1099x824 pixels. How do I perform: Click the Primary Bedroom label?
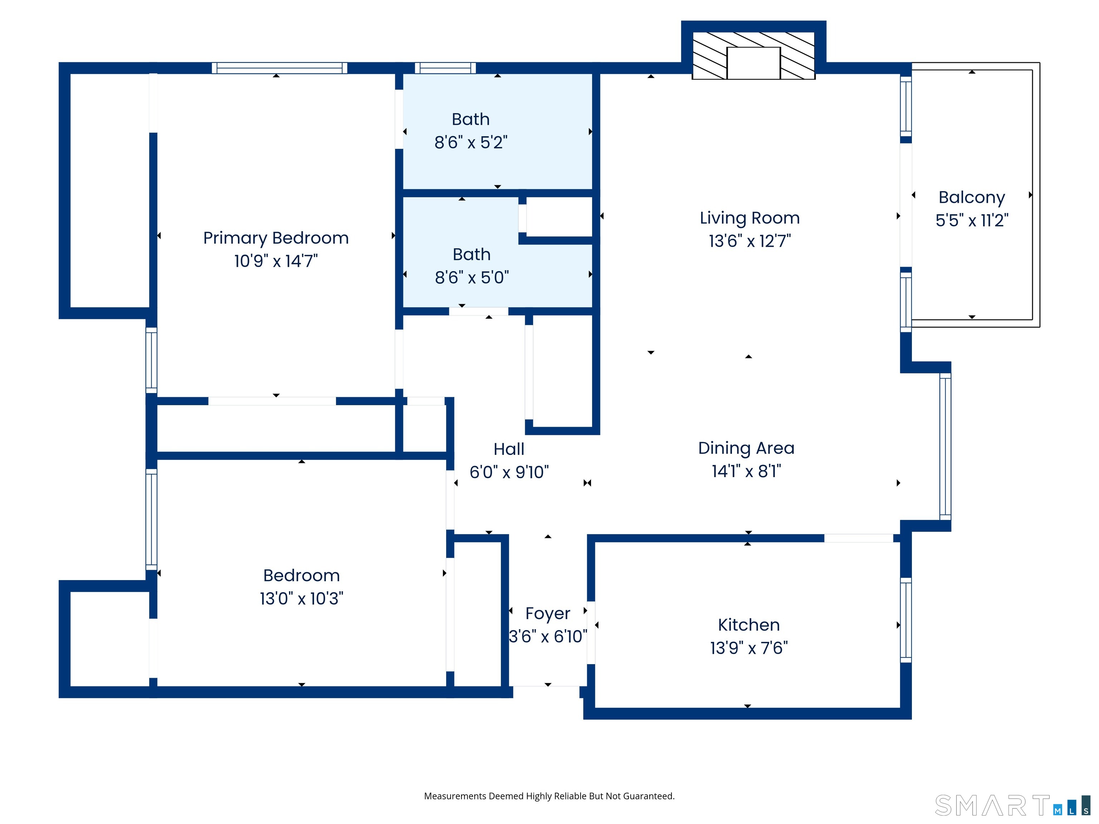pyautogui.click(x=276, y=238)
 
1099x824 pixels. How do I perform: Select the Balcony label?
pyautogui.click(x=971, y=197)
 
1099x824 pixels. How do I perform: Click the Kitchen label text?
pyautogui.click(x=748, y=625)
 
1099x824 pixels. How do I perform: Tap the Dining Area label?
pyautogui.click(x=746, y=448)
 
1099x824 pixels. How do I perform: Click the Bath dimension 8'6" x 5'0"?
pyautogui.click(x=472, y=278)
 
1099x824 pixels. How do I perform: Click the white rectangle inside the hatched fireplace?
pyautogui.click(x=753, y=63)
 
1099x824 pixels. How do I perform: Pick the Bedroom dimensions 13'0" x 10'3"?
pyautogui.click(x=301, y=598)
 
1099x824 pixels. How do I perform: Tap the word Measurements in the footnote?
pyautogui.click(x=455, y=796)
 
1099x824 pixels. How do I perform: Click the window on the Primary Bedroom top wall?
pyautogui.click(x=279, y=68)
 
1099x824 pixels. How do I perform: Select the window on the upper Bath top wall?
pyautogui.click(x=445, y=68)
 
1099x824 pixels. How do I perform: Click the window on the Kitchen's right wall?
pyautogui.click(x=906, y=620)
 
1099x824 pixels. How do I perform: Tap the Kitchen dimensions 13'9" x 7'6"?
pyautogui.click(x=748, y=648)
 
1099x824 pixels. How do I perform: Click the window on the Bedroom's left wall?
pyautogui.click(x=151, y=519)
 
